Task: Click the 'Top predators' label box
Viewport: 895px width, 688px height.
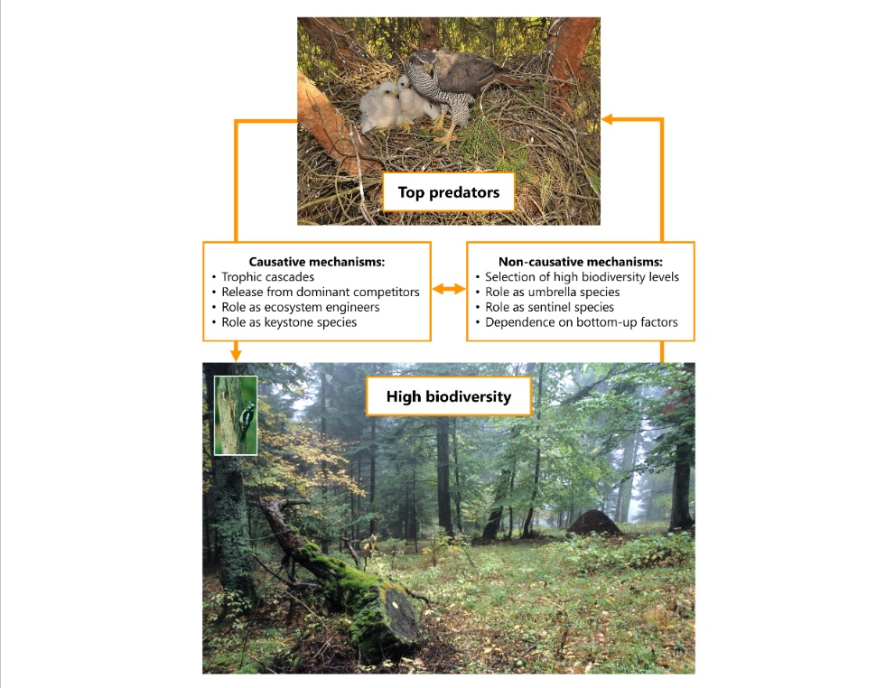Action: [x=448, y=192]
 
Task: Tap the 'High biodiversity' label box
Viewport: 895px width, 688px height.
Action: [x=448, y=396]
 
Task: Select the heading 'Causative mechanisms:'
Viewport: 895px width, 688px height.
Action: [x=317, y=262]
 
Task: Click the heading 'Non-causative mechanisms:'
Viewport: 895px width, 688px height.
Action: [x=581, y=262]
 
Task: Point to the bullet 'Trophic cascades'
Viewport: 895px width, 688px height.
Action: [x=268, y=277]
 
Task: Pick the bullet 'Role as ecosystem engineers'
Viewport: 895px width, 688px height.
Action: [x=302, y=307]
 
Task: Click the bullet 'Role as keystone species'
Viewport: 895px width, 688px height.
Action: [x=289, y=322]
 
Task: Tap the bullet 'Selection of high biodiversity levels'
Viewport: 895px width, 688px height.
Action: [x=582, y=277]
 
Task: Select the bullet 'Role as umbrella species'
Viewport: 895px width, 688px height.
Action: [x=552, y=292]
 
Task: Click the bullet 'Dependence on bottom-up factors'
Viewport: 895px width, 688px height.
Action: [x=581, y=322]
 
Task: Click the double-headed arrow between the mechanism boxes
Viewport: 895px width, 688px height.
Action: [x=449, y=290]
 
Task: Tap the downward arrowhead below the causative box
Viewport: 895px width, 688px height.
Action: [x=236, y=355]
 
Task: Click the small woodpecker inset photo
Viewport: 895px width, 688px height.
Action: [x=236, y=414]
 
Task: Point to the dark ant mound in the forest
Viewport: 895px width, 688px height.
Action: [x=593, y=523]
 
